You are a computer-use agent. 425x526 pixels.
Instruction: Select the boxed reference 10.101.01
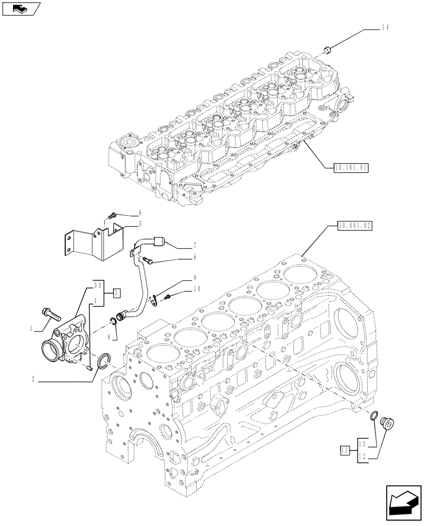(351, 168)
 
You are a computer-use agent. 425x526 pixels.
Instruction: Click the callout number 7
(194, 246)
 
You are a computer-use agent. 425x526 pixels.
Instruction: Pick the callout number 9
(194, 277)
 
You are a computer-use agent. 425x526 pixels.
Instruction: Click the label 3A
(98, 286)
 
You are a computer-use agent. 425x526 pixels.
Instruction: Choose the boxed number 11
(345, 450)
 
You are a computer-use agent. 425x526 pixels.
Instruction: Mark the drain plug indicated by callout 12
(390, 422)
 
